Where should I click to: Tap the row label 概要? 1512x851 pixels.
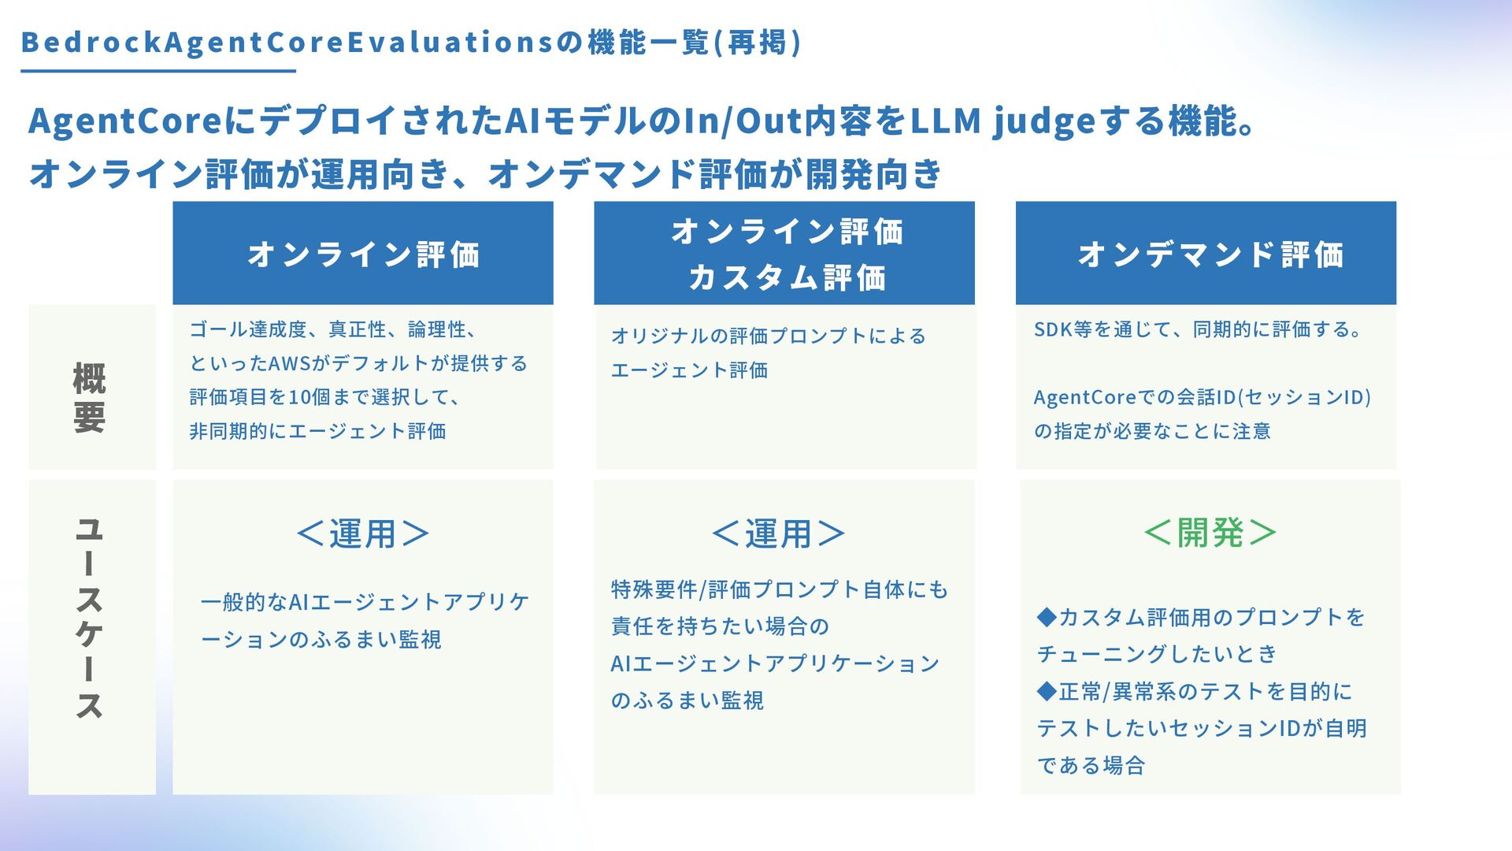click(90, 398)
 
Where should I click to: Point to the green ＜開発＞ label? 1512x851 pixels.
click(1210, 533)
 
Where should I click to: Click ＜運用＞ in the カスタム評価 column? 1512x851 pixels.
click(778, 534)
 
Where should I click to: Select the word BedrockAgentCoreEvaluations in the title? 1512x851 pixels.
click(287, 43)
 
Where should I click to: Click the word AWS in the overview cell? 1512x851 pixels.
click(290, 364)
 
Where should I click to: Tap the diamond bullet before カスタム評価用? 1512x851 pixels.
click(1047, 617)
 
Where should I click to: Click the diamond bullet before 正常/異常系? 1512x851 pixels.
click(1047, 692)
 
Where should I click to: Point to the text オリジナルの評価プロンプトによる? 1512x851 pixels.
click(768, 336)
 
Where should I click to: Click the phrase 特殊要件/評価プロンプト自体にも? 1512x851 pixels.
click(780, 590)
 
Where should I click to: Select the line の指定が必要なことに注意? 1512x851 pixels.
click(1152, 432)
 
